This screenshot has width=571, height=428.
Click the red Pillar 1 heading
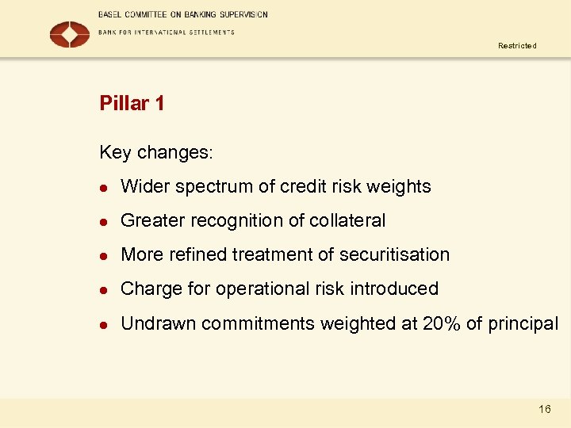[x=132, y=104]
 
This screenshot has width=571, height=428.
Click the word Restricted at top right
[x=517, y=46]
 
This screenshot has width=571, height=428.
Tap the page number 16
[x=544, y=409]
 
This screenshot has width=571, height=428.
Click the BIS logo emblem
[x=70, y=33]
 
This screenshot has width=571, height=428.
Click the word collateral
[x=346, y=220]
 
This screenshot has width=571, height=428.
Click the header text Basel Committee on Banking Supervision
[x=182, y=14]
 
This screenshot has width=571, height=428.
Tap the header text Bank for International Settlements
[x=166, y=32]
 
